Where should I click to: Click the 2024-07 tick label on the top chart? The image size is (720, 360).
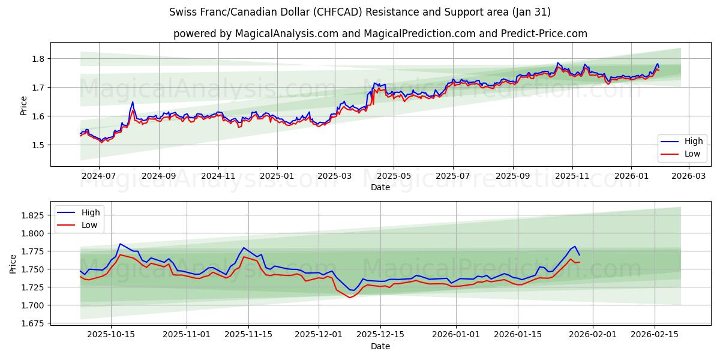tap(98, 177)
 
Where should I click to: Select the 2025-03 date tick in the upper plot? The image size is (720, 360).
tap(335, 177)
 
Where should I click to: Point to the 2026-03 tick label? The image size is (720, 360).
tap(689, 177)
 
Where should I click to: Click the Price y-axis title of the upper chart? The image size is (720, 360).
tap(24, 106)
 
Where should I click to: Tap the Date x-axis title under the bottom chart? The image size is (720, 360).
tap(380, 346)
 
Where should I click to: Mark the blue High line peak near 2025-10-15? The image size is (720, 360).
tap(120, 244)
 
